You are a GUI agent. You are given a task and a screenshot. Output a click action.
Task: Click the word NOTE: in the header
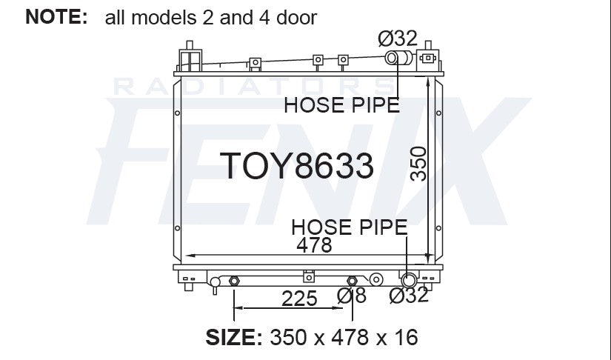tap(56, 17)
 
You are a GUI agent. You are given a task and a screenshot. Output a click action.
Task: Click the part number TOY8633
tap(297, 166)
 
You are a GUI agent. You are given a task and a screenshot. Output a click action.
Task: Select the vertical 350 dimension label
tap(419, 164)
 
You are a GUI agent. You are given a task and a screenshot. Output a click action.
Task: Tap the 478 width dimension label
tap(314, 245)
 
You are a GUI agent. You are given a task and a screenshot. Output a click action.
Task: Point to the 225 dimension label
tap(299, 299)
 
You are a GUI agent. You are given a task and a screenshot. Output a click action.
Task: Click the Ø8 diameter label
tap(352, 296)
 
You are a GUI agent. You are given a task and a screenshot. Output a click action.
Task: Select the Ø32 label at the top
tap(398, 39)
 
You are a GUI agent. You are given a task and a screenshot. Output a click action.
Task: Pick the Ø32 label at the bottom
tap(409, 295)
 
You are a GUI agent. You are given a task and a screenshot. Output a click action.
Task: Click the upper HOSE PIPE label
tap(341, 105)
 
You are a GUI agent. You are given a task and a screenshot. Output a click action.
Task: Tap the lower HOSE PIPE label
tap(349, 227)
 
